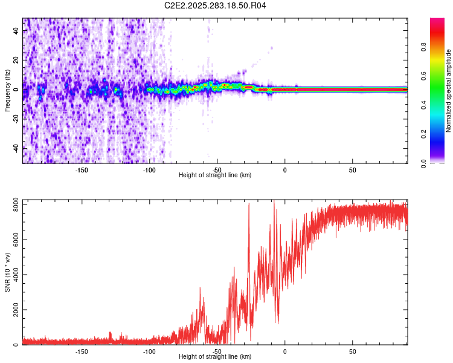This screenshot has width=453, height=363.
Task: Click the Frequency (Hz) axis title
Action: coord(7,91)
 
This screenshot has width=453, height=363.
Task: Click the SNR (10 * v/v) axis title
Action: coord(7,272)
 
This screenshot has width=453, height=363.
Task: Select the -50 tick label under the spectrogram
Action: coord(217,169)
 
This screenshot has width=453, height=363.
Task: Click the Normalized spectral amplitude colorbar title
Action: coord(449,91)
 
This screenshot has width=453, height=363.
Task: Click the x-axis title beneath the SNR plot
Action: coord(216,357)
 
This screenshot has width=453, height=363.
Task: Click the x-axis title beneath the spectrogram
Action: coord(216,175)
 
